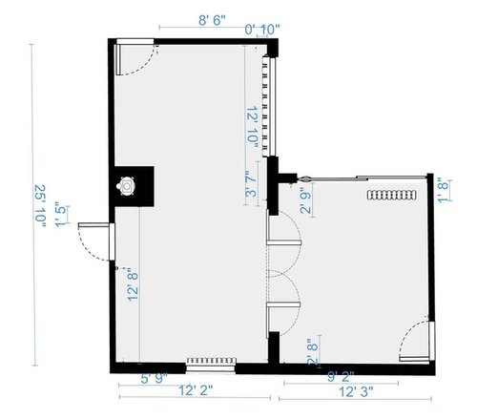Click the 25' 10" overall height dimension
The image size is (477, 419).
pyautogui.click(x=40, y=206)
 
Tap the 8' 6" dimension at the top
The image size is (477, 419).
pyautogui.click(x=212, y=21)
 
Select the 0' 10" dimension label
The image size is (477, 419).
pyautogui.click(x=262, y=30)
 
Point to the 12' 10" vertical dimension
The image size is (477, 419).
pyautogui.click(x=252, y=127)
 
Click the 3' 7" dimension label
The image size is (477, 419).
pyautogui.click(x=251, y=183)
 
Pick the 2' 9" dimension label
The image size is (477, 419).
pyautogui.click(x=305, y=200)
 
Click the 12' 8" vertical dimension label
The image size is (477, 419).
pyautogui.click(x=133, y=285)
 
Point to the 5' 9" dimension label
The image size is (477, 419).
pyautogui.click(x=155, y=379)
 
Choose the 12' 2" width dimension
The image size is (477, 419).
pyautogui.click(x=196, y=390)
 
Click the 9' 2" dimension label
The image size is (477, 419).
pyautogui.click(x=341, y=377)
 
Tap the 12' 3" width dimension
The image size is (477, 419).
pyautogui.click(x=356, y=391)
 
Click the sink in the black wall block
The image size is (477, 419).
pyautogui.click(x=126, y=185)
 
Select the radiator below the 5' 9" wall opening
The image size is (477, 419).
pyautogui.click(x=212, y=361)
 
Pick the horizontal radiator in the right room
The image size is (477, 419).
pyautogui.click(x=392, y=195)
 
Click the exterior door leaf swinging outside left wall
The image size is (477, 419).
pyautogui.click(x=93, y=225)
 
